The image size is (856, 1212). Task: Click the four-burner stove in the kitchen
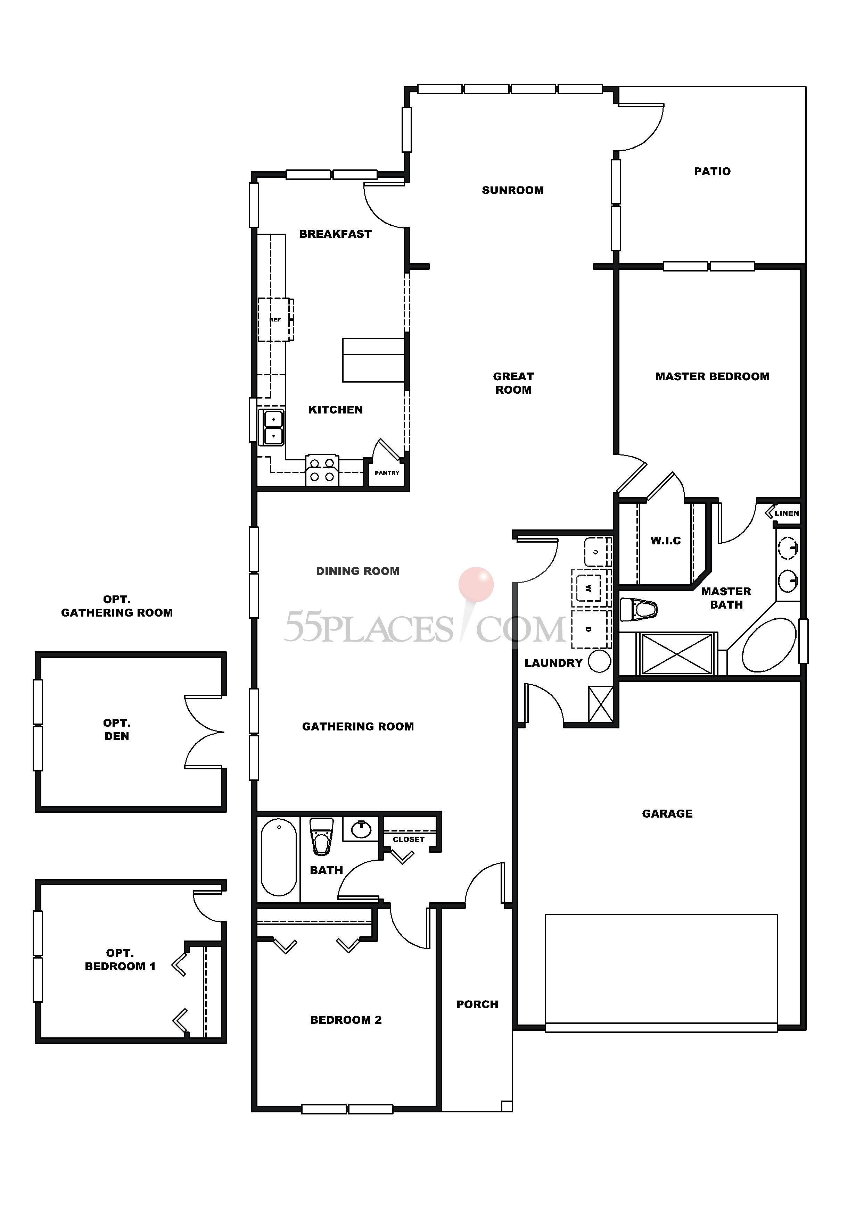click(322, 469)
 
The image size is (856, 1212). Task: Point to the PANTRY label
click(387, 473)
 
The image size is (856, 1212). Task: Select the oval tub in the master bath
click(768, 645)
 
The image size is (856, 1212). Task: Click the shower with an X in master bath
click(676, 654)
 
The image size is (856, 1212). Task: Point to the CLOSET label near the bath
click(408, 839)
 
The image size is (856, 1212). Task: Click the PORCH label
click(477, 1004)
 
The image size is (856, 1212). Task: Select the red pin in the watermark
click(476, 584)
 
